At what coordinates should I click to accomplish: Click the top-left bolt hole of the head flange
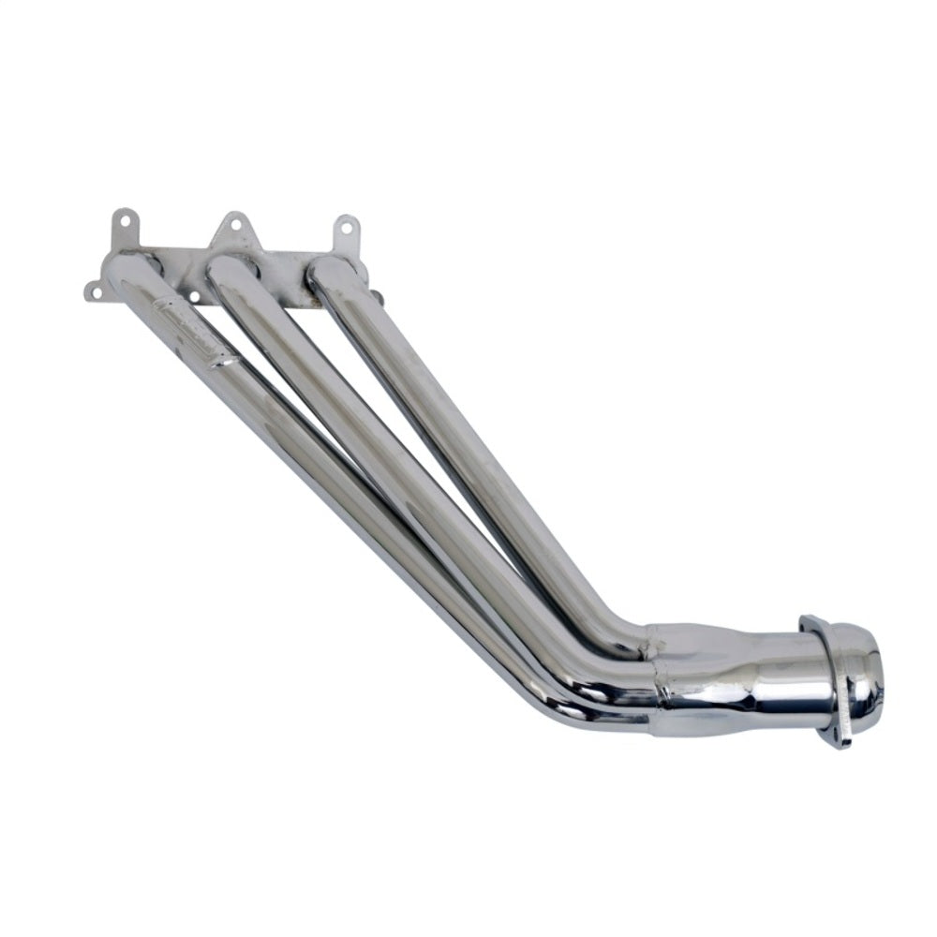(x=124, y=221)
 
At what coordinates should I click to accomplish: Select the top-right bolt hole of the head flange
(x=348, y=227)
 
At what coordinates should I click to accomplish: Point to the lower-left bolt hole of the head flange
(x=95, y=292)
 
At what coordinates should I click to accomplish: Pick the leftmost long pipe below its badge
(x=356, y=525)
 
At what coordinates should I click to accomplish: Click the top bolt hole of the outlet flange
(x=808, y=622)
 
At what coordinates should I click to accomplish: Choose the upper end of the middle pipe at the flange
(x=228, y=272)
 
